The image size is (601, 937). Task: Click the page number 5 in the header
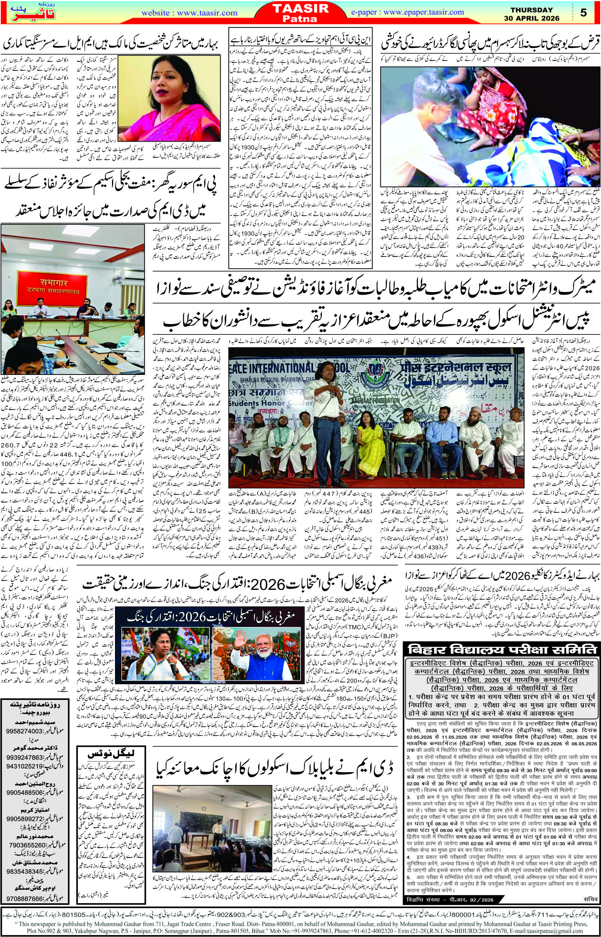[583, 13]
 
